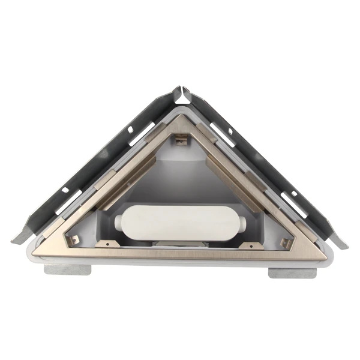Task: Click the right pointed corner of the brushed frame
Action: coord(322,252)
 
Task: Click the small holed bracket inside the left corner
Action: coord(74,240)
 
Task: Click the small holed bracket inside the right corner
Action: coord(286,241)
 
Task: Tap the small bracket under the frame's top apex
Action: coord(179,140)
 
